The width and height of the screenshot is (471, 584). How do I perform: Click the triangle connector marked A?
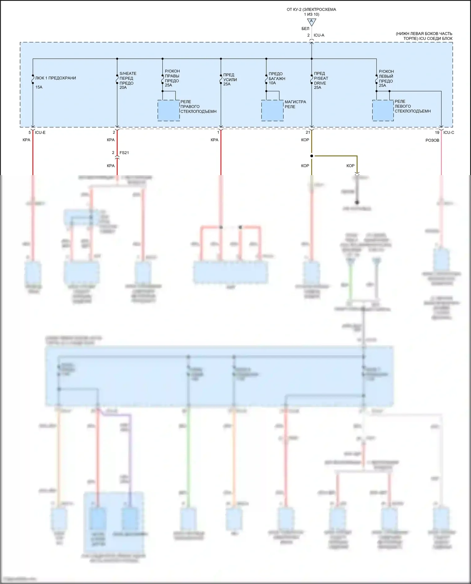pos(311,22)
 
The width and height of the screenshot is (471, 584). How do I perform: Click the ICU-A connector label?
pos(319,35)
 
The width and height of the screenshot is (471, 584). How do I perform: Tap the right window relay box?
pos(169,110)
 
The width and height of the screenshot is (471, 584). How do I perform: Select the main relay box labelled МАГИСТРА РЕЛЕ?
pos(272,110)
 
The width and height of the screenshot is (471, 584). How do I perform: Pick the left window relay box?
pos(383,110)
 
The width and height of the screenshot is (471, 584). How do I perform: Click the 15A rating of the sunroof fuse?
pos(39,87)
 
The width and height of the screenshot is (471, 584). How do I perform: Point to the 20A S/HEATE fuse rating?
pos(123,88)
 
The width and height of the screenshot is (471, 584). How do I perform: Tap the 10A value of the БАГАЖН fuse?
pos(272,83)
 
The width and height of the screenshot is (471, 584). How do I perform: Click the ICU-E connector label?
pos(40,132)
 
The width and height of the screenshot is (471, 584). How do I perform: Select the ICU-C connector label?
pos(449,132)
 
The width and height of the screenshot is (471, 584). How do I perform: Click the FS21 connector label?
pos(124,153)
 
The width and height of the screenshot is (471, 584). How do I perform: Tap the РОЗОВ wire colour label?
pos(432,140)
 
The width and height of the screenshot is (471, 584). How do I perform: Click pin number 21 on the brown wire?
pos(308,132)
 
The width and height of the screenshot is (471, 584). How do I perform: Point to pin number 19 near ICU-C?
pos(437,132)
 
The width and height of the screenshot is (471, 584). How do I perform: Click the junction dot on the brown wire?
pos(311,156)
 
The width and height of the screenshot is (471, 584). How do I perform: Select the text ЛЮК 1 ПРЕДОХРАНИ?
pos(56,78)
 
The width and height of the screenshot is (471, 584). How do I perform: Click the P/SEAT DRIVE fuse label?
pos(321,78)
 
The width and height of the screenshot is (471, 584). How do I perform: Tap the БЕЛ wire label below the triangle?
pos(305,29)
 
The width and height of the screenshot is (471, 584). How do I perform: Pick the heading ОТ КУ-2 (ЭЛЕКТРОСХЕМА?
pos(311,9)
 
